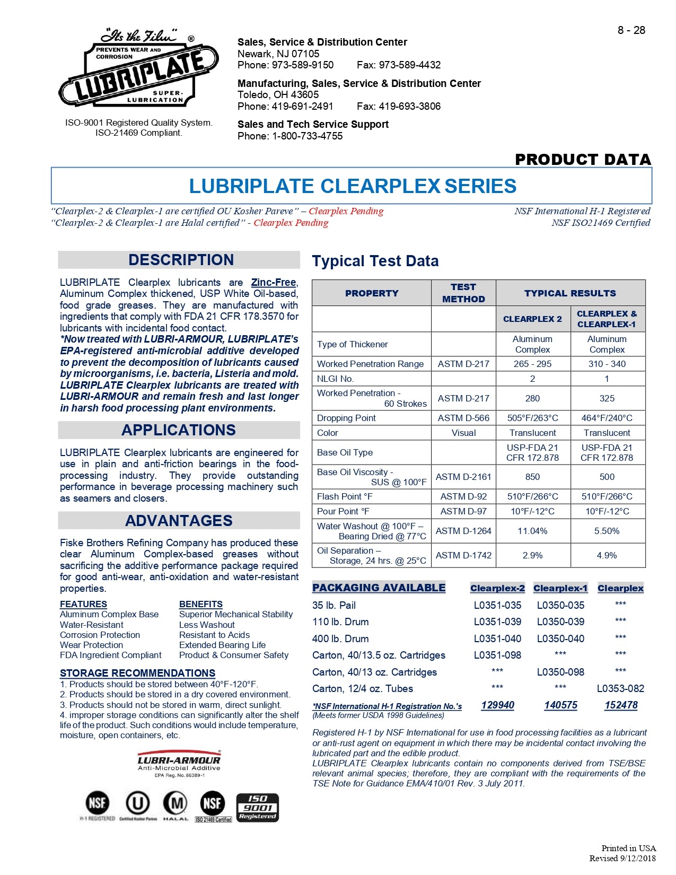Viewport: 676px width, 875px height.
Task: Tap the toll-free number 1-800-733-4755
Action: point(308,136)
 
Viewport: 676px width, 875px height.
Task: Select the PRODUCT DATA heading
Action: point(583,160)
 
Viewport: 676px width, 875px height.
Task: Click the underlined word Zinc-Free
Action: point(273,283)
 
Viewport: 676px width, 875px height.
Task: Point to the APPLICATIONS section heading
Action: point(179,430)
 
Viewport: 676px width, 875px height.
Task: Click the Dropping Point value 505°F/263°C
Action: point(532,418)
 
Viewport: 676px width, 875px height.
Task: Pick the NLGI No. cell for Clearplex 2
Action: point(532,379)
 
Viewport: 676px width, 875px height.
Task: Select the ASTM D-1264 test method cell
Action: point(463,531)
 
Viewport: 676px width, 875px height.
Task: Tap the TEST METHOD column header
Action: point(463,293)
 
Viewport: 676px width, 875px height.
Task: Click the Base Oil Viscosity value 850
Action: point(532,477)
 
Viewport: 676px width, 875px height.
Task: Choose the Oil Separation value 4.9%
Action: point(607,555)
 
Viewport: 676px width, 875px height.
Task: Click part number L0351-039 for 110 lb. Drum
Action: point(497,622)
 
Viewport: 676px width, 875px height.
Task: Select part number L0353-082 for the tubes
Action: point(620,689)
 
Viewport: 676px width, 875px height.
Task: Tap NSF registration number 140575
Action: point(560,705)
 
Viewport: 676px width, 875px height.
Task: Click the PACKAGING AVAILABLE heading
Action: point(379,588)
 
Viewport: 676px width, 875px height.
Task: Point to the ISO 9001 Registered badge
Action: point(257,808)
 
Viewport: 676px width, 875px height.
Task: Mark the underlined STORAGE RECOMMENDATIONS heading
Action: point(137,673)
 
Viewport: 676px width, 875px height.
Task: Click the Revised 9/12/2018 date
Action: point(622,859)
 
